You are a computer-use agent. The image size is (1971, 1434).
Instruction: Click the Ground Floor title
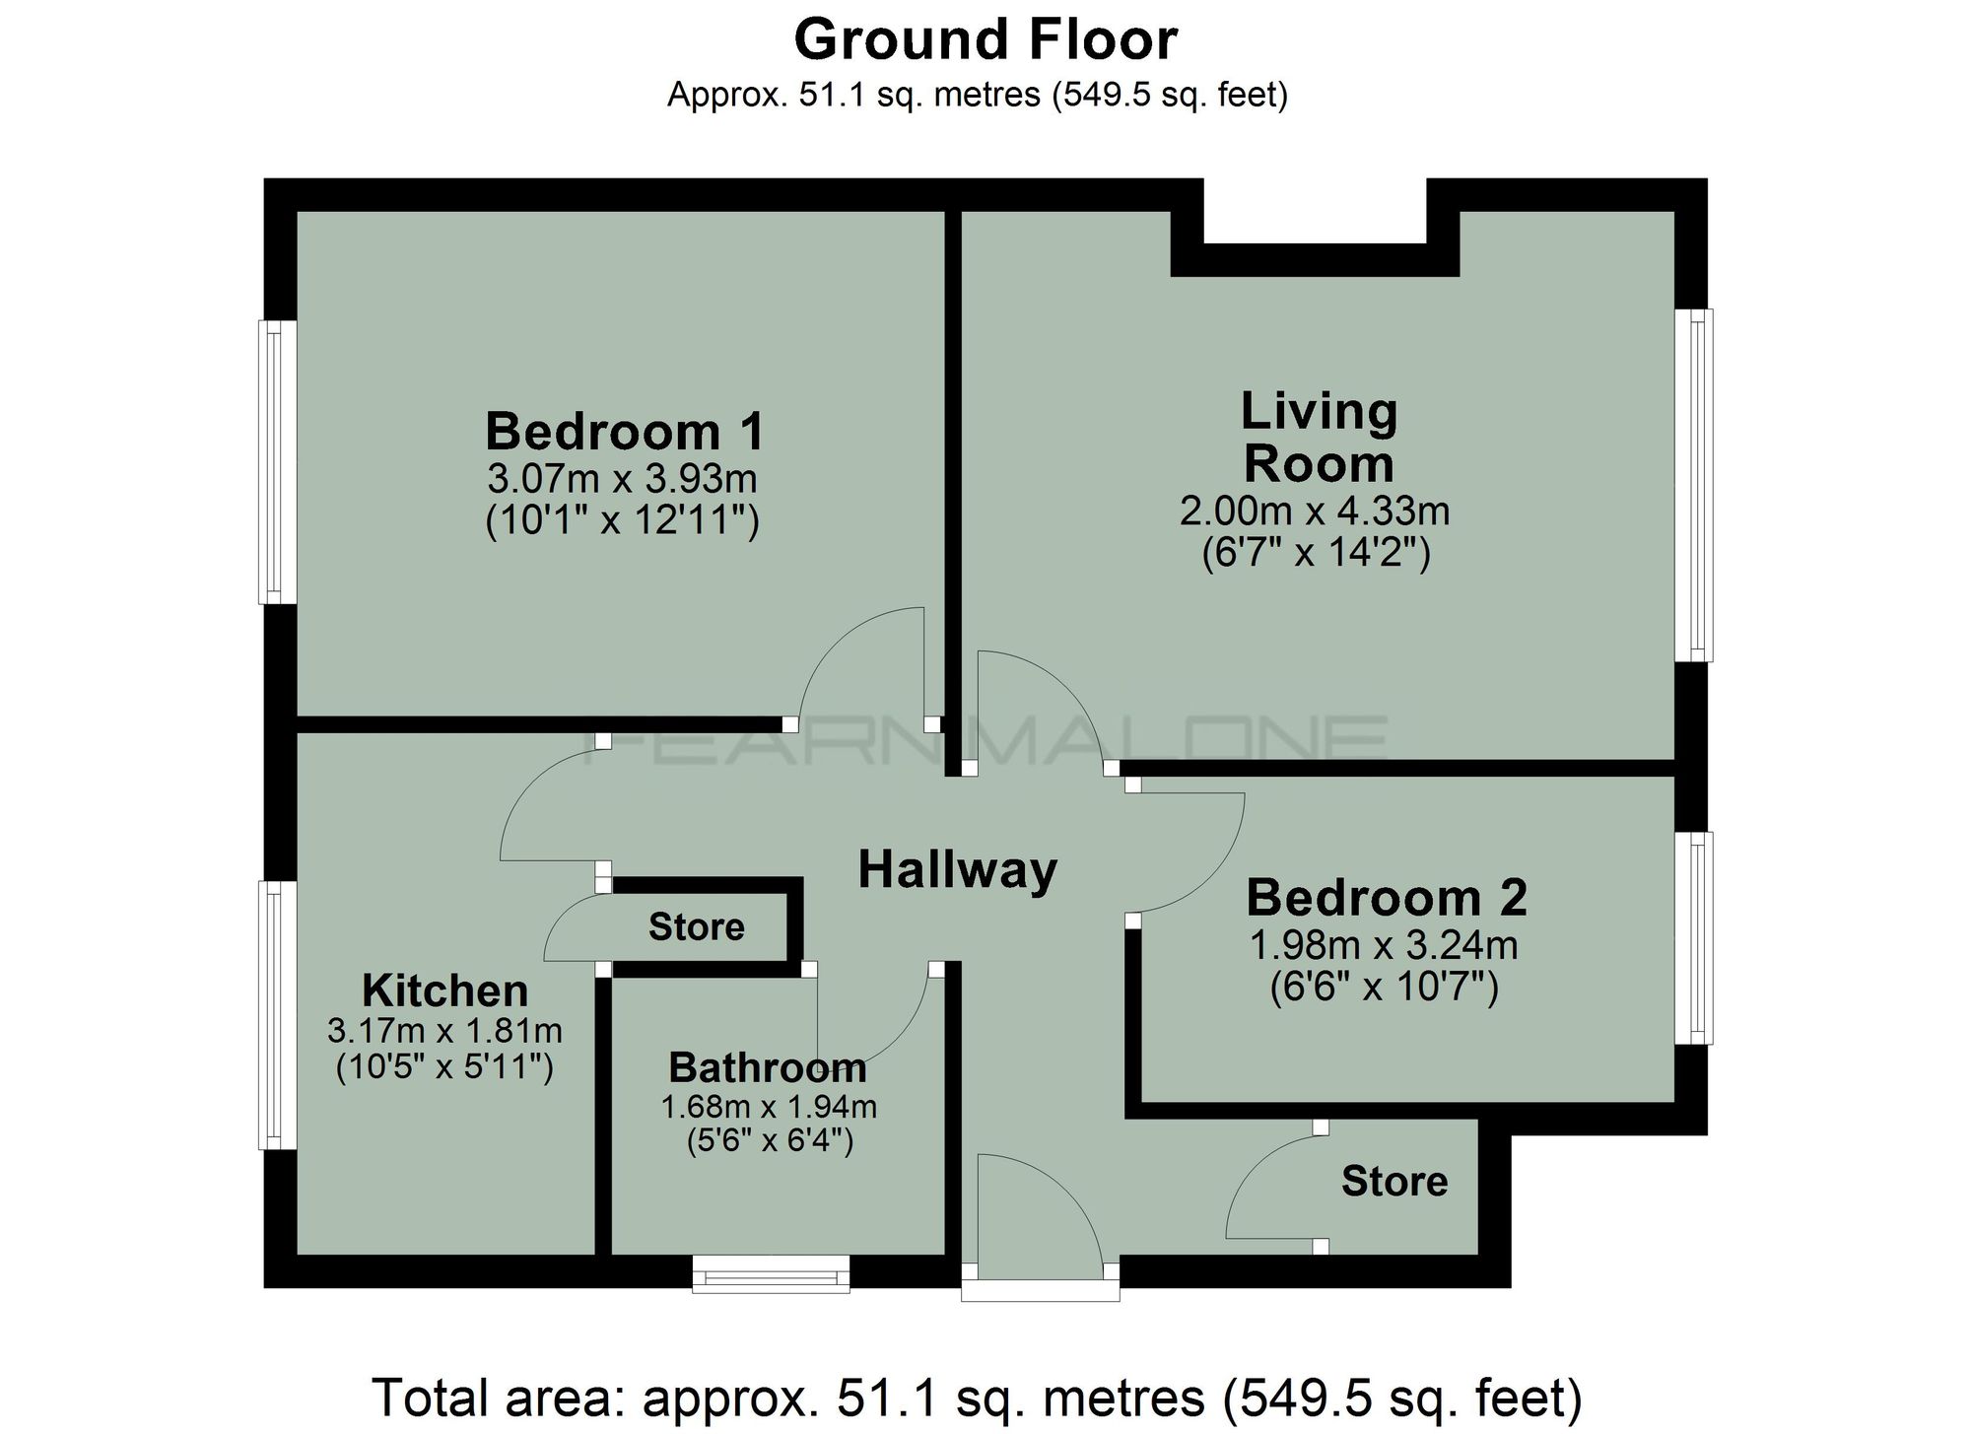tap(985, 41)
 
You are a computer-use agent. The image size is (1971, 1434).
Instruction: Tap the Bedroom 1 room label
tap(624, 432)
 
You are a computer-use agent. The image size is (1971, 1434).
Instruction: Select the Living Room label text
tap(1318, 438)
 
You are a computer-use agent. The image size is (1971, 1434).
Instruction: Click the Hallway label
tap(957, 870)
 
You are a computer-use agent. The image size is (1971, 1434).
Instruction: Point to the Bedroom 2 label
tap(1386, 898)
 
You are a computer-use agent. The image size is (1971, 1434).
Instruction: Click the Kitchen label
tap(444, 990)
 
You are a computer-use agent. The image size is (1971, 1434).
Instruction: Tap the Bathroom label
tap(768, 1067)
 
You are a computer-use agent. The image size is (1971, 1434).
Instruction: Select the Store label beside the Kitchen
tap(696, 927)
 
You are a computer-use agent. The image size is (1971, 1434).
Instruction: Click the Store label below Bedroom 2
tap(1393, 1181)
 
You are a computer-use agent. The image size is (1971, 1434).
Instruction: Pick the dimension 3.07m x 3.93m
tap(622, 479)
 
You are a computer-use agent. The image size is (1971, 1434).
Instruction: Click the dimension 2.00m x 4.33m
tap(1315, 511)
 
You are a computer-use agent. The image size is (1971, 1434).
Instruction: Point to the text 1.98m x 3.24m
tap(1384, 946)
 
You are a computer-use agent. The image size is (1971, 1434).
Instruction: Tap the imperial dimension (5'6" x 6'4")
tap(769, 1141)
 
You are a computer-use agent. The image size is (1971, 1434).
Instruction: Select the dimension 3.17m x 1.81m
tap(444, 1032)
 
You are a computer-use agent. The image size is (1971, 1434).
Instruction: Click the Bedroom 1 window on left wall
tap(277, 461)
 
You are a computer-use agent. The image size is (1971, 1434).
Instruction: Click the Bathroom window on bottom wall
tap(771, 1272)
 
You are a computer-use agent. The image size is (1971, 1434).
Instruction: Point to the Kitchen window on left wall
tap(277, 1015)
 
